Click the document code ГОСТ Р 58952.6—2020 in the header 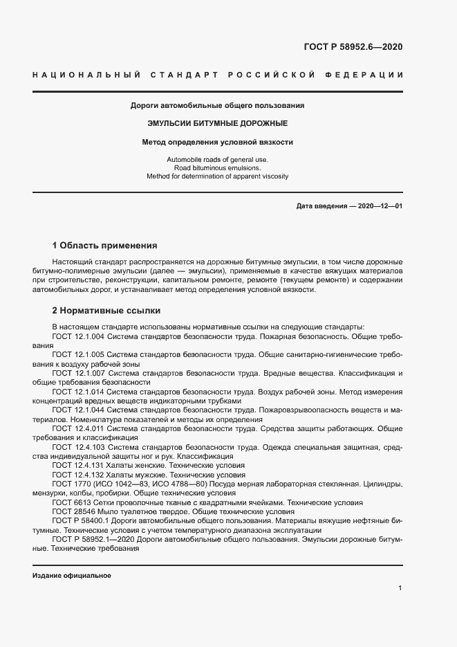353,48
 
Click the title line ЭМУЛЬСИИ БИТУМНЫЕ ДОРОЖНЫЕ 218,124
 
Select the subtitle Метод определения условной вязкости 218,143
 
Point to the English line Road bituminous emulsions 218,168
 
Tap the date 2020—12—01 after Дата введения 380,206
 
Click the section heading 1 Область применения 105,246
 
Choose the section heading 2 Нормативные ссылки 106,310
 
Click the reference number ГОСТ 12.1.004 78,336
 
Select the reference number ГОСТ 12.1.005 78,354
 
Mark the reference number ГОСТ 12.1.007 78,373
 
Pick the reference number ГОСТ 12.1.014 78,392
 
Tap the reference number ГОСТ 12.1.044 78,410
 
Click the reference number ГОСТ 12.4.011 78,429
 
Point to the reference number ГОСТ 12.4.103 78,448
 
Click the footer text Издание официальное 71,576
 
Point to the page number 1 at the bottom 400,587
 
